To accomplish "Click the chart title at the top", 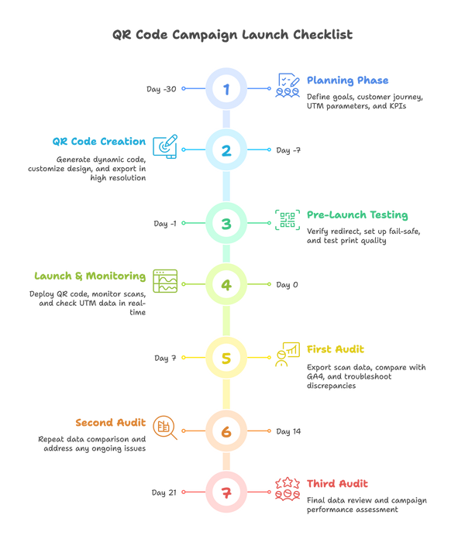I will (x=232, y=35).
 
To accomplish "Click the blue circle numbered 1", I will (x=226, y=89).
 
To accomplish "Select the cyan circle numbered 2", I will (x=226, y=149).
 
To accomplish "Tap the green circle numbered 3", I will (x=226, y=224).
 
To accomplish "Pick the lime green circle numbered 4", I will (x=226, y=284).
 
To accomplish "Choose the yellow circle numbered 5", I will (x=226, y=358).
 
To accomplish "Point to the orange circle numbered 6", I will (x=226, y=431).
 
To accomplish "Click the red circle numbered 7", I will (x=226, y=491).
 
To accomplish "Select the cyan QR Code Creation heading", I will (x=98, y=141).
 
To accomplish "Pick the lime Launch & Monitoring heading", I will (x=89, y=276).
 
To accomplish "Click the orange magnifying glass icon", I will (x=164, y=427).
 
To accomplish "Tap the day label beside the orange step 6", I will (x=288, y=431).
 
